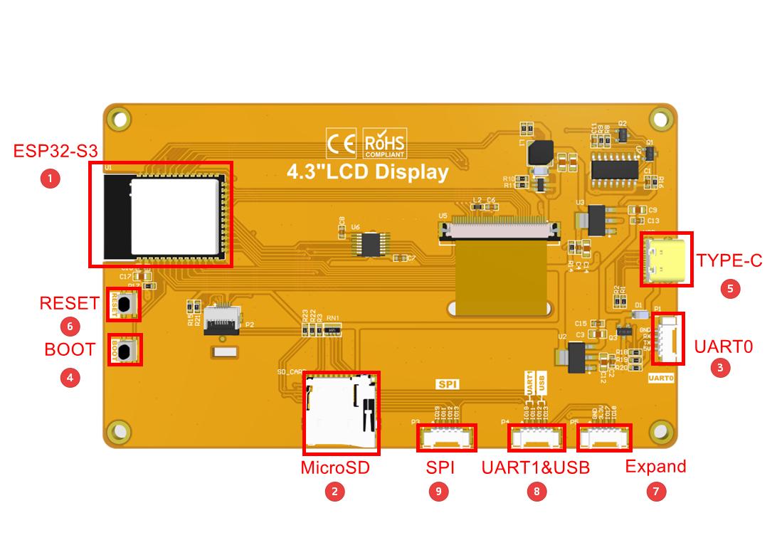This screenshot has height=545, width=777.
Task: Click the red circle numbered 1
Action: tap(50, 178)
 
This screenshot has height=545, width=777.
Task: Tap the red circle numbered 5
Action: tap(729, 288)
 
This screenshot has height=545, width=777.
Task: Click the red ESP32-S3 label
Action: tap(55, 151)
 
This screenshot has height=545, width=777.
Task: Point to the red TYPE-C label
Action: tap(729, 260)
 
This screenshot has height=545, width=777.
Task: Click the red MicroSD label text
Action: tap(335, 467)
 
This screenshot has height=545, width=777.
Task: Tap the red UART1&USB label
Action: tap(535, 467)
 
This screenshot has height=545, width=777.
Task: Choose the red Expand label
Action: tap(655, 467)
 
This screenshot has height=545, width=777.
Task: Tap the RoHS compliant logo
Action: tap(384, 144)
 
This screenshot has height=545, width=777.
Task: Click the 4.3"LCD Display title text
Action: tap(367, 172)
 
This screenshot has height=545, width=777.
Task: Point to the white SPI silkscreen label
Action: tap(448, 384)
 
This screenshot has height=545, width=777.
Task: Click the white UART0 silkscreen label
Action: tap(660, 379)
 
